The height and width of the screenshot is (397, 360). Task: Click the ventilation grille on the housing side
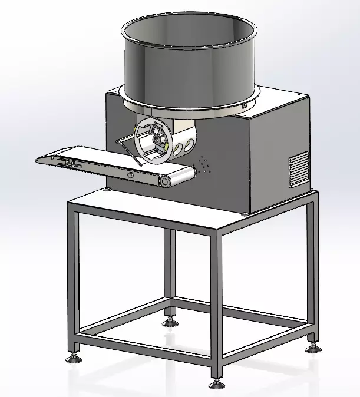[x=299, y=169]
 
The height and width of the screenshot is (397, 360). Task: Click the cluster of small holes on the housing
[x=204, y=164]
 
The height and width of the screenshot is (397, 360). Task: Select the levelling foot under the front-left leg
[x=74, y=356]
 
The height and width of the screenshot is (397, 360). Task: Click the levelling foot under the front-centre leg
[x=216, y=383]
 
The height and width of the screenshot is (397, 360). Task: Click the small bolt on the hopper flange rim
[x=243, y=104]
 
